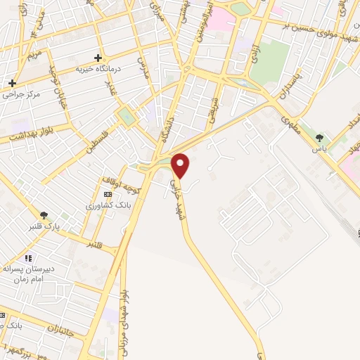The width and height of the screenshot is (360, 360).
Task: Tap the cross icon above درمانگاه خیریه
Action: click(98, 58)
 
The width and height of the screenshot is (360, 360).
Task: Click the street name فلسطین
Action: click(96, 141)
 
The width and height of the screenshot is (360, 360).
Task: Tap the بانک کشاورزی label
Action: click(104, 205)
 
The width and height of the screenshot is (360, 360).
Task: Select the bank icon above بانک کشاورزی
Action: click(107, 194)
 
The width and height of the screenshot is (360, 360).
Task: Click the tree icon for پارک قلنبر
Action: click(44, 215)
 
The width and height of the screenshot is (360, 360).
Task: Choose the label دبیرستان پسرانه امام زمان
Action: click(39, 274)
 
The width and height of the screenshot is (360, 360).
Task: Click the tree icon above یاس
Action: click(320, 138)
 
